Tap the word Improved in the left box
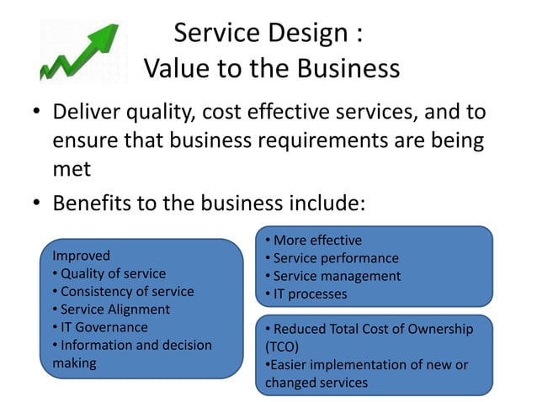(x=81, y=255)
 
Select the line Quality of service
(x=111, y=273)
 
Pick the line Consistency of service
(x=125, y=291)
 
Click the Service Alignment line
(x=114, y=309)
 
